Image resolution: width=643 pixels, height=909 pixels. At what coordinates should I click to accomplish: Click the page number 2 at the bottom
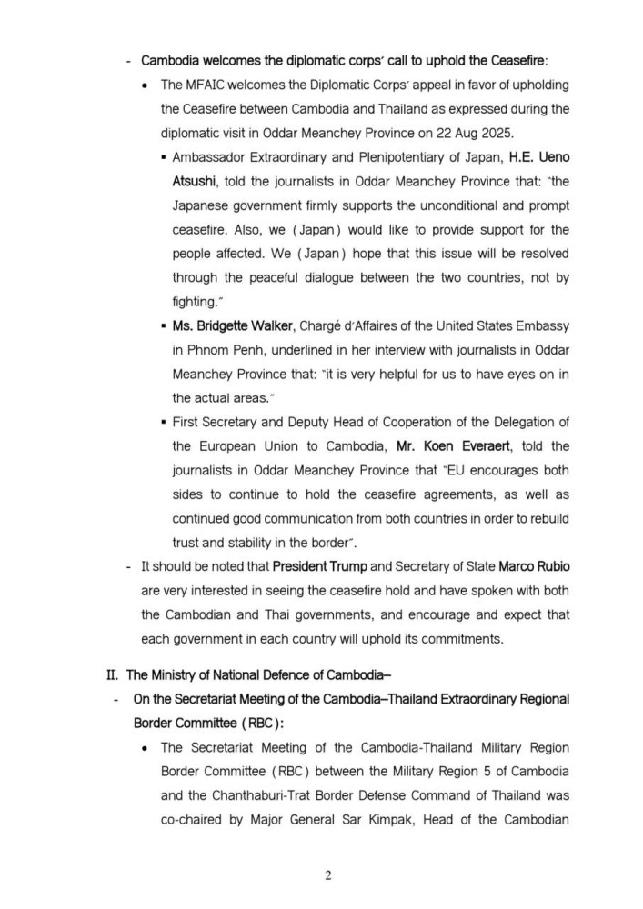(x=328, y=875)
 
